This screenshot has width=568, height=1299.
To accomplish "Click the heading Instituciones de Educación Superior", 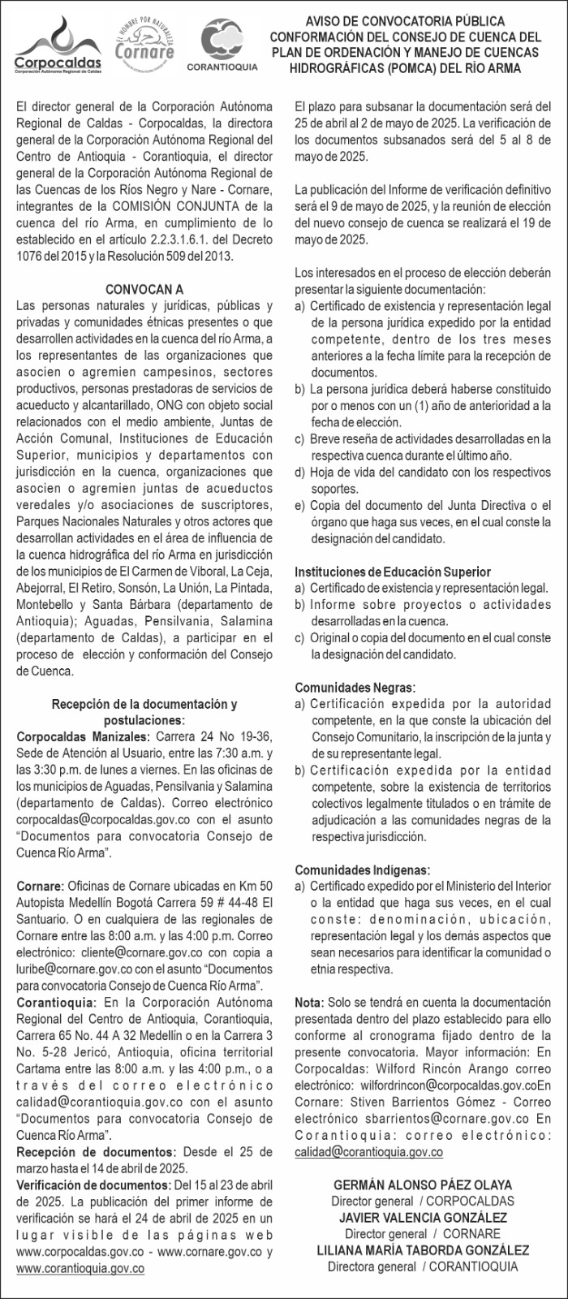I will click(x=393, y=572).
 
